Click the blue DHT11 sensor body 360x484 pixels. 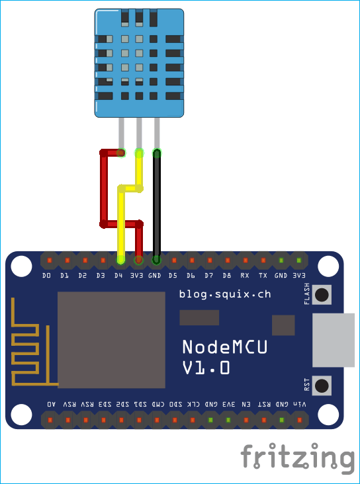(139, 63)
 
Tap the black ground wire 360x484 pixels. (157, 205)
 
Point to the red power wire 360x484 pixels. (104, 188)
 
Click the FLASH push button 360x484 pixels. (322, 295)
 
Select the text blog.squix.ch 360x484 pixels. (224, 293)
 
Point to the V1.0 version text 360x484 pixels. (206, 368)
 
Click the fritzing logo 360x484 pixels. (297, 458)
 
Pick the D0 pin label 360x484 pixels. (46, 275)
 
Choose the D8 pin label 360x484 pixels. (227, 275)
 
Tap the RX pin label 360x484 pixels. (245, 275)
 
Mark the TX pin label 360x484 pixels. (263, 275)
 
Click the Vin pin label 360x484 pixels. (300, 403)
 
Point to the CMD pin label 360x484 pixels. (159, 403)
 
